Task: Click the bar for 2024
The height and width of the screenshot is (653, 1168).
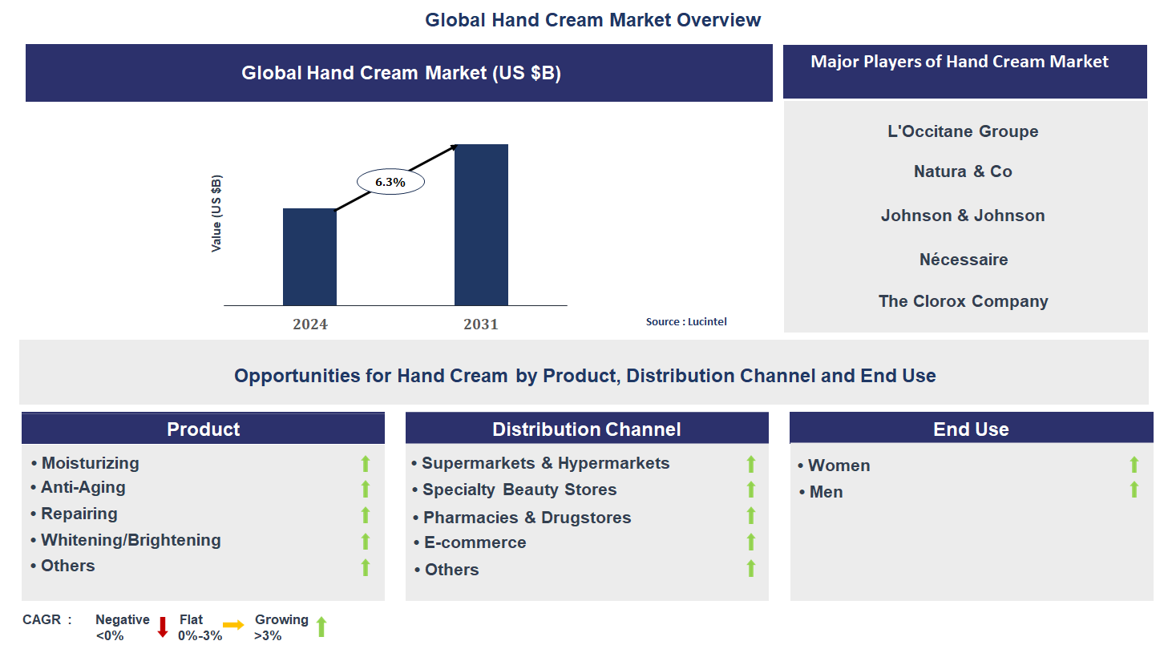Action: pos(309,257)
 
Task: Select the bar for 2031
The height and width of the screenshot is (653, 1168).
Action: pos(481,225)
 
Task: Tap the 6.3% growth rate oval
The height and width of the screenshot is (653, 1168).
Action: pos(390,182)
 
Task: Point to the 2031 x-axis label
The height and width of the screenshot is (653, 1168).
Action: pos(481,324)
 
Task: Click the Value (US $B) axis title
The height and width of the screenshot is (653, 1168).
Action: pos(216,213)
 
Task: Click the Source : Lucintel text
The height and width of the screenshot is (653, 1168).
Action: pos(686,322)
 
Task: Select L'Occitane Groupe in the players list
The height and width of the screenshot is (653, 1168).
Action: pos(963,131)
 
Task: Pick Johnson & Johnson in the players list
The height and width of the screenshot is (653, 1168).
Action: pos(963,216)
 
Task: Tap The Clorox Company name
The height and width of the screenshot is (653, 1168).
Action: pos(963,301)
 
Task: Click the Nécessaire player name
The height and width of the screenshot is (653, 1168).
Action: pos(963,260)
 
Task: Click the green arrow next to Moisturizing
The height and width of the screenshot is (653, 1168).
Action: pos(366,464)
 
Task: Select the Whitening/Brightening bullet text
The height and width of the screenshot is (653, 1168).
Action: pos(131,540)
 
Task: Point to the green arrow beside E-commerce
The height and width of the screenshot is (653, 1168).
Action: pos(751,542)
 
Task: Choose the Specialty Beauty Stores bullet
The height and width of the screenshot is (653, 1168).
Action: pos(519,490)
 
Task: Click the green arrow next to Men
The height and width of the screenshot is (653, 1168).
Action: pos(1134,490)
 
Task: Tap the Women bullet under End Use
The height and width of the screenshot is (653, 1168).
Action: pos(839,466)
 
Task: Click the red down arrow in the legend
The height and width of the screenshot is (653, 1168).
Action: pos(163,627)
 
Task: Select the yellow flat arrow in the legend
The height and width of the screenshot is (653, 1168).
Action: pos(233,625)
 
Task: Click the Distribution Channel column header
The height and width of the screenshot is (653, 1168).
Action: pos(587,429)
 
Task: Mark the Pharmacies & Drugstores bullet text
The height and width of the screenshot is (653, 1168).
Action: pos(527,518)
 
